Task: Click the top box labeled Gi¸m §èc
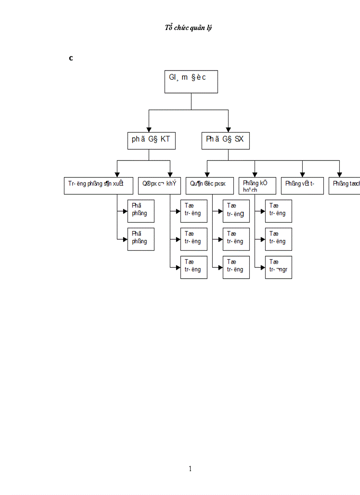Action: click(x=191, y=81)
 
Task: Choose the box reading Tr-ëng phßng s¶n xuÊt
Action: click(x=98, y=186)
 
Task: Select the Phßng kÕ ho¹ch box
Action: click(x=257, y=186)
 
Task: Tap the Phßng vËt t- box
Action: click(x=302, y=186)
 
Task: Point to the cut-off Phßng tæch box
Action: click(x=345, y=186)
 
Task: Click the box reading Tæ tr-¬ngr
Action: click(x=278, y=267)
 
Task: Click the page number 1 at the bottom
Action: click(x=190, y=469)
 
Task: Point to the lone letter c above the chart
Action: click(x=71, y=58)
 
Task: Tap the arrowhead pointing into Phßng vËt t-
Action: click(x=302, y=175)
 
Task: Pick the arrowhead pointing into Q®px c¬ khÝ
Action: click(x=170, y=175)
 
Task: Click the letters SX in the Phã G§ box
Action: click(x=238, y=140)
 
